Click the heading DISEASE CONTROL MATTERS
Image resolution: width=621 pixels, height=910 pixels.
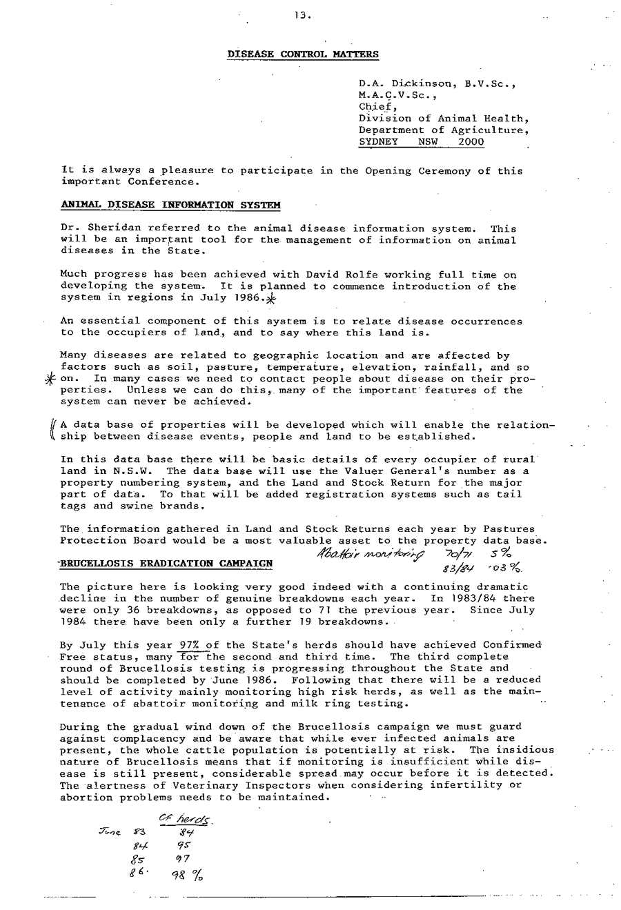point(303,54)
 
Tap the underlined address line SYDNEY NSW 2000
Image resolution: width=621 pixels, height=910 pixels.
point(421,142)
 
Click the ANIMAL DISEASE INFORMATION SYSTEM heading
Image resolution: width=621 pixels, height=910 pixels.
point(170,205)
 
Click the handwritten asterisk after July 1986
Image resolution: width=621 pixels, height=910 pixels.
point(270,299)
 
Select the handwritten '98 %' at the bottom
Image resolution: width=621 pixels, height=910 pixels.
point(187,874)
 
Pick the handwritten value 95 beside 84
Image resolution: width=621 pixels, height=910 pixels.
point(183,846)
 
